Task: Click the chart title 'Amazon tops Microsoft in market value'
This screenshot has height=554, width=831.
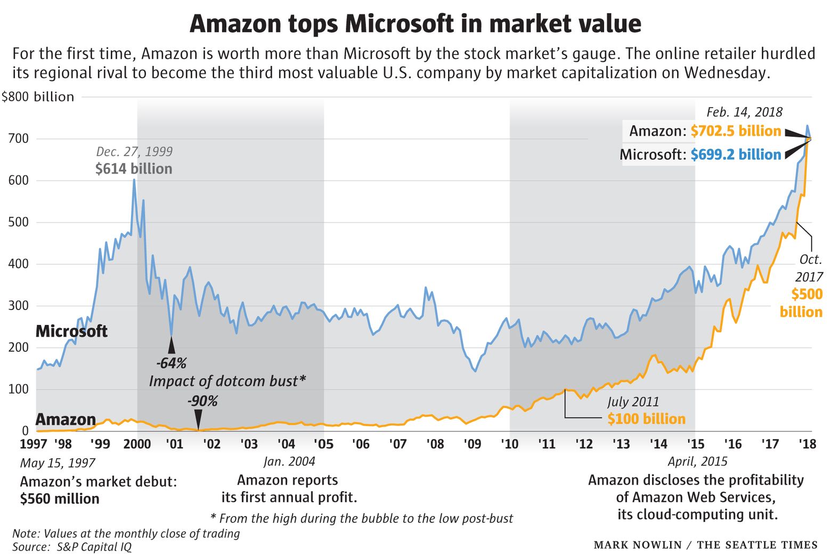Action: tap(415, 24)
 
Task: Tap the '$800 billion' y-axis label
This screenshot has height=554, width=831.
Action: tap(38, 97)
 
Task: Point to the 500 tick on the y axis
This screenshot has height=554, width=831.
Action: tap(18, 222)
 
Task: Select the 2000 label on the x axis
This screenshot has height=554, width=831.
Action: tap(137, 444)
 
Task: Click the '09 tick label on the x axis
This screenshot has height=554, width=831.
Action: tap(472, 444)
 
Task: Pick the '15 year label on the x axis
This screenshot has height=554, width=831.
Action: tap(695, 444)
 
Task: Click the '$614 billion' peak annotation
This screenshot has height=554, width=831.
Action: tap(134, 169)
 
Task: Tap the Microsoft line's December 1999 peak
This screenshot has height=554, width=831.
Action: tap(134, 180)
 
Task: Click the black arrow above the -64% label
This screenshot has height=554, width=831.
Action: tap(172, 346)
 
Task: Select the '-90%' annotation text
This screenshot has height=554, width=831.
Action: tap(202, 401)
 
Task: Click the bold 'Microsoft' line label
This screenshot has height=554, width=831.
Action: tap(71, 331)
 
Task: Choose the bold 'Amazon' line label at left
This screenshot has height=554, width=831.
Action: tap(66, 420)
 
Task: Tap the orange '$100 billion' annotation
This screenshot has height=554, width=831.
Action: tap(646, 419)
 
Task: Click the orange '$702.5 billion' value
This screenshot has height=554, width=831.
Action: tap(736, 131)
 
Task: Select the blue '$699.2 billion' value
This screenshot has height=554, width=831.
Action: tap(736, 154)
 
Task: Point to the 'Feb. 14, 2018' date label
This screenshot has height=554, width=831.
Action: tap(744, 112)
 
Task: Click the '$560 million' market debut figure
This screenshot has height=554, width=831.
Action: tap(60, 499)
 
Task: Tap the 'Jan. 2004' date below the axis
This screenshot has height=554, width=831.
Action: tap(289, 461)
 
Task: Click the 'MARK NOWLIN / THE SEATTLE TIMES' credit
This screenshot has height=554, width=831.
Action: tap(705, 544)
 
